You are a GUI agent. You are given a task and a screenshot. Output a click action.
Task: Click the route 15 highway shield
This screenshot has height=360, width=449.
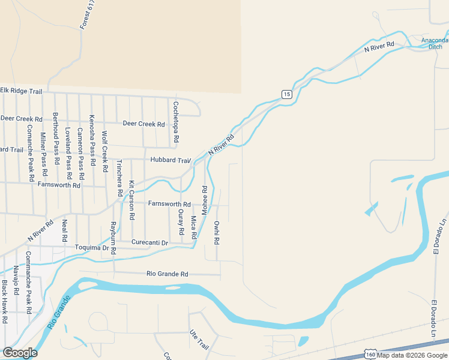[286, 94]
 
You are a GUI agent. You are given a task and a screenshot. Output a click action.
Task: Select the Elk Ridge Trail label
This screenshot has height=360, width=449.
[21, 91]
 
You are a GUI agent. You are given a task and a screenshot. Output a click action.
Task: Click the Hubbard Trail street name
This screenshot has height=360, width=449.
[170, 161]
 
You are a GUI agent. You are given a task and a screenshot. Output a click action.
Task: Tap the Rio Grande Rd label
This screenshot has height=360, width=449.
[167, 274]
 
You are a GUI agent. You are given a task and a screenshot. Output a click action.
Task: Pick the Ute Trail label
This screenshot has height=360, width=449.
[198, 340]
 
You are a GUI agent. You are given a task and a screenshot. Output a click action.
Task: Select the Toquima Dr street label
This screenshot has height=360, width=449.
[91, 247]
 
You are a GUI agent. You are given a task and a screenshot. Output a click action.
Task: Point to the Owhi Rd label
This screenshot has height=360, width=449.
[217, 233]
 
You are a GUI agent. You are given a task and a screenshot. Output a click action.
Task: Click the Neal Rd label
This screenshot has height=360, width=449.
[65, 230]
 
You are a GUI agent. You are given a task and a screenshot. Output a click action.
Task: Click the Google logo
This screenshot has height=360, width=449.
[20, 353]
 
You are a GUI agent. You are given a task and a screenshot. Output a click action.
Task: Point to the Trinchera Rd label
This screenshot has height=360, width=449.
[119, 178]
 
